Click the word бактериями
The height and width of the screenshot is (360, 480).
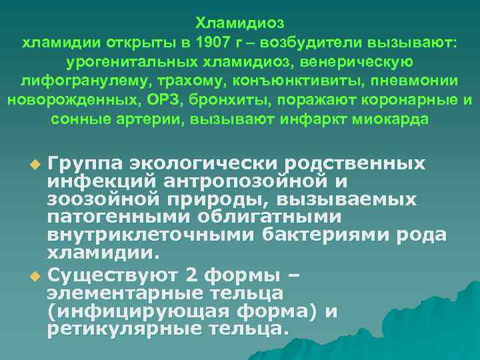pyautogui.click(x=335, y=235)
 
